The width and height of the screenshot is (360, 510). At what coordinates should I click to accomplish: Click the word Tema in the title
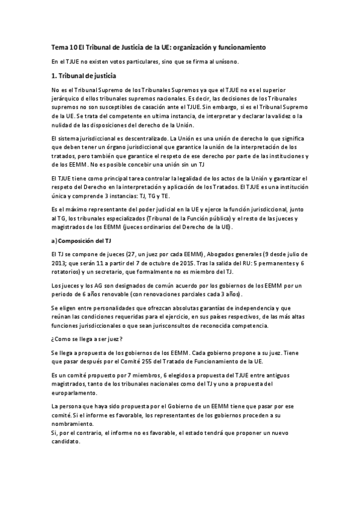(x=59, y=47)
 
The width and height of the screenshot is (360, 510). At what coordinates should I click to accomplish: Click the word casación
(x=160, y=106)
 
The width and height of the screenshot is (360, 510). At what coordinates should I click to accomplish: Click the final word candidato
(x=66, y=441)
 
